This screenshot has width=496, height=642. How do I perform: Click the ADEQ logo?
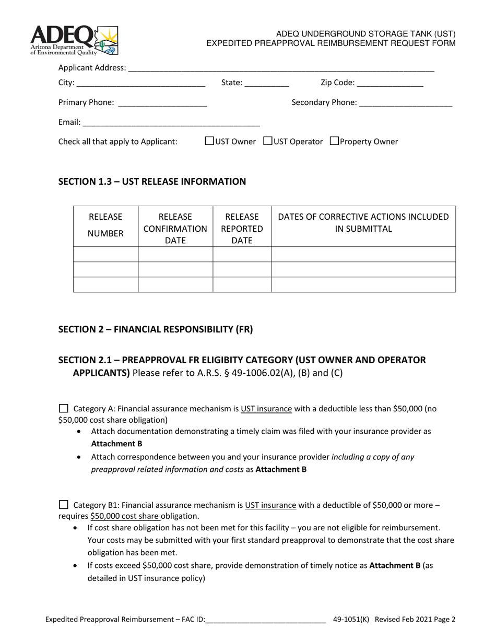click(74, 40)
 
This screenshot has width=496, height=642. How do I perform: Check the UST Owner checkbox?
click(209, 141)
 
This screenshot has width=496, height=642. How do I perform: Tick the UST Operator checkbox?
click(268, 141)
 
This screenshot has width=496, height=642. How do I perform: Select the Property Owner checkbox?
click(335, 141)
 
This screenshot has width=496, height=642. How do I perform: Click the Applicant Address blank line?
click(281, 68)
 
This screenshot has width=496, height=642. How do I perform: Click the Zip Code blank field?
click(391, 83)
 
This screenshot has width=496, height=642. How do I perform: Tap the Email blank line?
click(171, 123)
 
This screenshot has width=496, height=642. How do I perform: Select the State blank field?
click(267, 83)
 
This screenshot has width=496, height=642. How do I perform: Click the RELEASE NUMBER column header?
click(105, 225)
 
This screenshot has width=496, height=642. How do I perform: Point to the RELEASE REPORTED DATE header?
click(242, 228)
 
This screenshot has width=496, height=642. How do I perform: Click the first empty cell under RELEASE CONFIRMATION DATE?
click(175, 254)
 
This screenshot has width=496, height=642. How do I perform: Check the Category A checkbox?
click(64, 408)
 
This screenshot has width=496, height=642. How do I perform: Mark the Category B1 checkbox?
click(64, 504)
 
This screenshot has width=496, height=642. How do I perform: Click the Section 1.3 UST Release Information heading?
click(152, 182)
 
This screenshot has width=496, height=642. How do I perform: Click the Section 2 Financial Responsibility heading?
click(155, 329)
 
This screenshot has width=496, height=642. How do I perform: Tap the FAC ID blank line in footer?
click(266, 620)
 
